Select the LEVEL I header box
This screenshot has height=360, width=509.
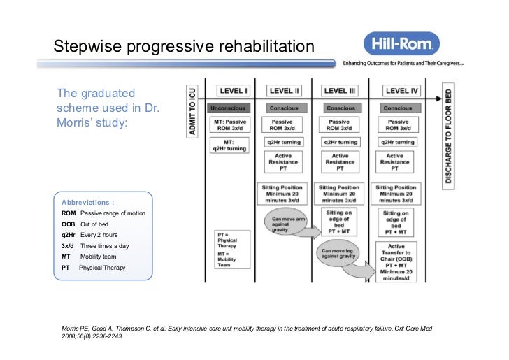234,91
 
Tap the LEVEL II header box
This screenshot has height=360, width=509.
285,91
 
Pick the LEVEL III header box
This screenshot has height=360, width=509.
340,91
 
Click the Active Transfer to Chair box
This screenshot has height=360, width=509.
396,261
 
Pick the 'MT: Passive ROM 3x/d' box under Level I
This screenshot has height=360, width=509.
229,125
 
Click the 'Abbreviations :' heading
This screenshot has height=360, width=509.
88,201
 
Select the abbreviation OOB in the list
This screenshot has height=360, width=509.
69,224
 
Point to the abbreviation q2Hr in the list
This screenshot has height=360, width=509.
69,235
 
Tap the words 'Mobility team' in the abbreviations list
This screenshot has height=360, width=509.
99,257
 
